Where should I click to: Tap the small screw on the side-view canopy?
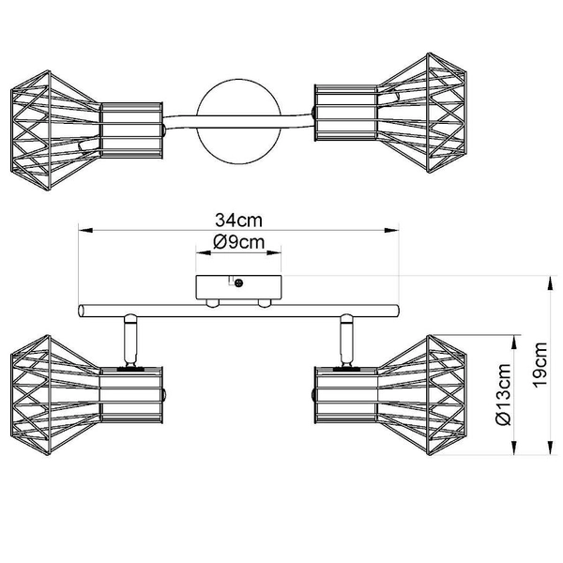[239, 281]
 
